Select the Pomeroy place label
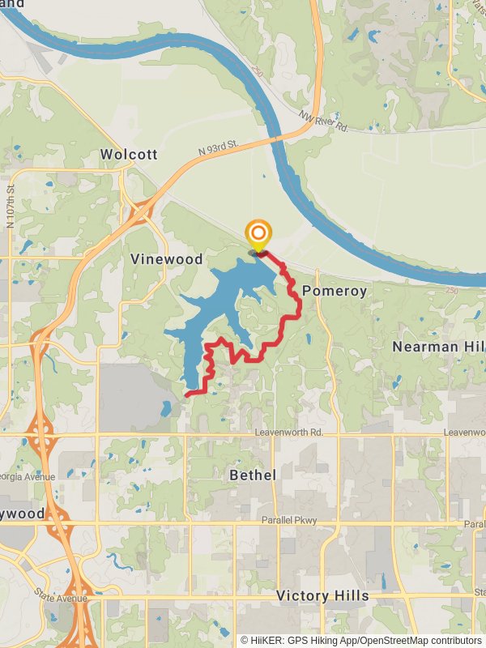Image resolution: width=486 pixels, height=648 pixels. [335, 291]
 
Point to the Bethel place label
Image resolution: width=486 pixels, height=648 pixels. [253, 475]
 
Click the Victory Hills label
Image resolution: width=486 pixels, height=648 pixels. [322, 596]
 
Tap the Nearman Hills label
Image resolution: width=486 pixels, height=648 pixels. [438, 347]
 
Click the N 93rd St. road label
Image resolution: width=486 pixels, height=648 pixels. [221, 148]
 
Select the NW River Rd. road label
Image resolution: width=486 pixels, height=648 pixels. [322, 122]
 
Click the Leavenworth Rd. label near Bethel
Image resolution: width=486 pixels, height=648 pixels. [288, 433]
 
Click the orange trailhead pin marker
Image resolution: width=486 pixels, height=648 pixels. [258, 235]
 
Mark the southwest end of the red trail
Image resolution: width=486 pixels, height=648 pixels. [187, 394]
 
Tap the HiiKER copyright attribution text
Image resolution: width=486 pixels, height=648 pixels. [360, 640]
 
